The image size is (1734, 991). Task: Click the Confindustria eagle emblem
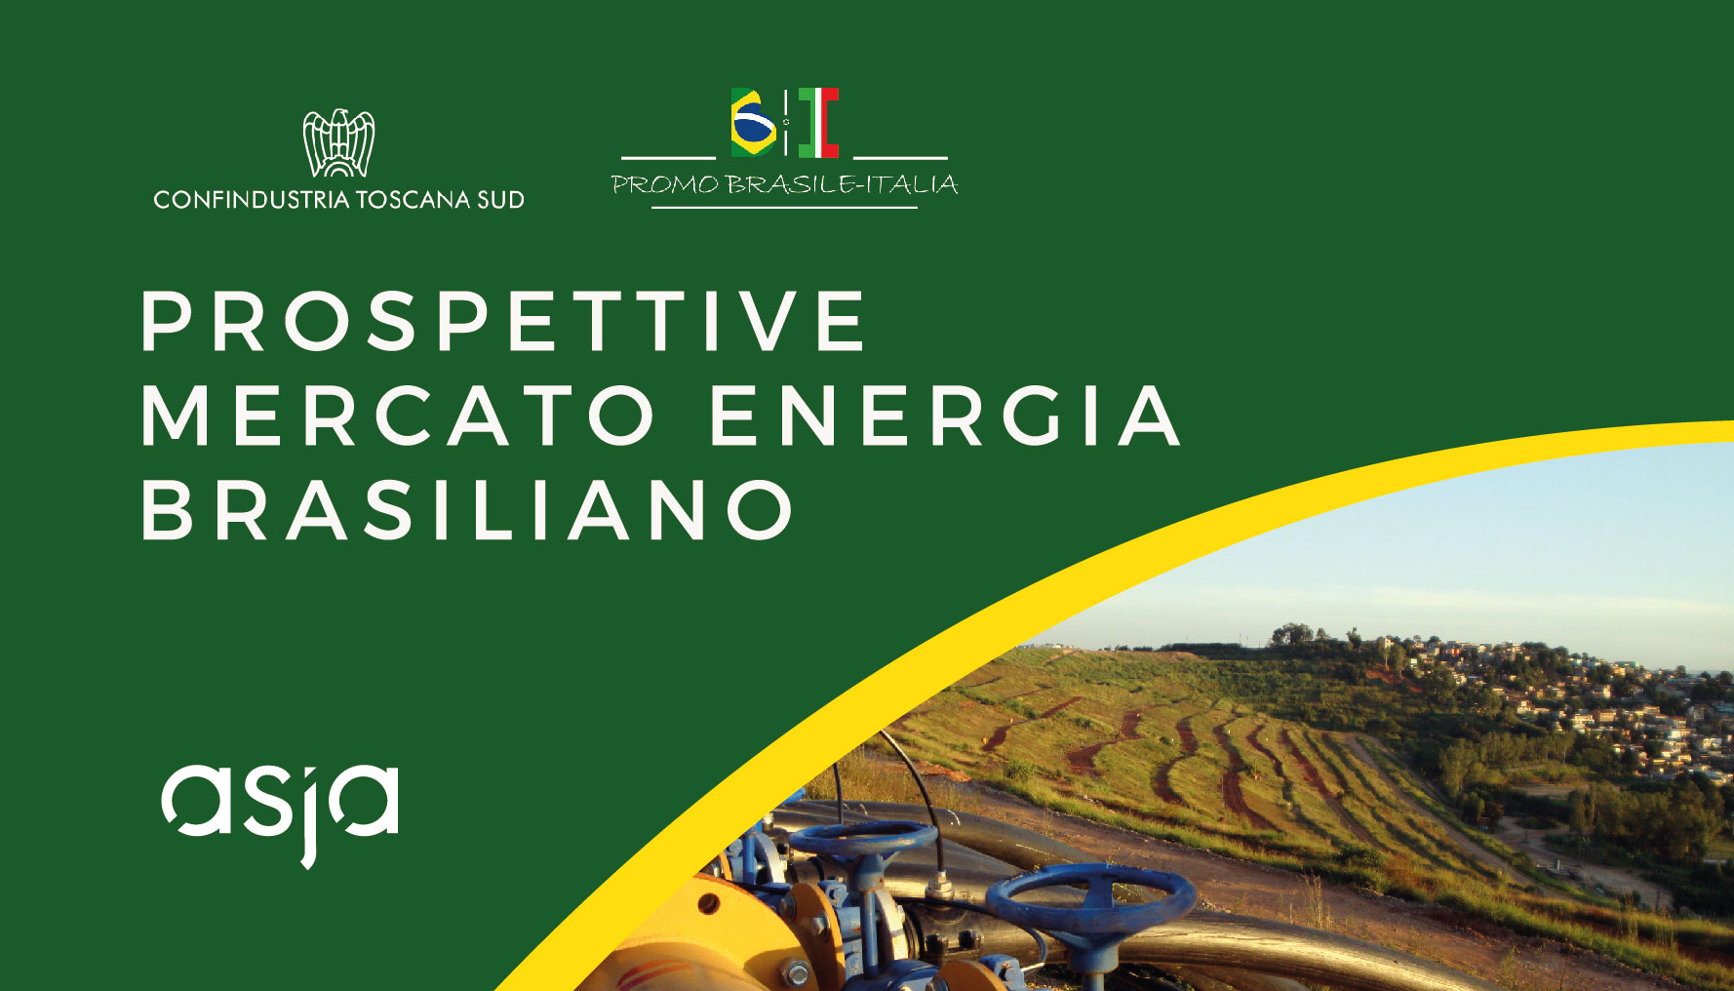pos(338,143)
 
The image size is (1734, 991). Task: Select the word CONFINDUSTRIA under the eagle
pos(252,200)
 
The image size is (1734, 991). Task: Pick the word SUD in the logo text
pos(500,200)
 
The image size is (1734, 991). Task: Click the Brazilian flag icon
pos(754,123)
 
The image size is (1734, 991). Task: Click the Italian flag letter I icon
pos(818,123)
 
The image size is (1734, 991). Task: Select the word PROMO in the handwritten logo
pos(665,184)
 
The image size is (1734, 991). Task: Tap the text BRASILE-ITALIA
pos(842,184)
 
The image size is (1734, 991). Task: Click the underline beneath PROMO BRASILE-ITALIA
pos(784,207)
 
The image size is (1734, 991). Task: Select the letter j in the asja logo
pos(313,815)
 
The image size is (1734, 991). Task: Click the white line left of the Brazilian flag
pos(668,156)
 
